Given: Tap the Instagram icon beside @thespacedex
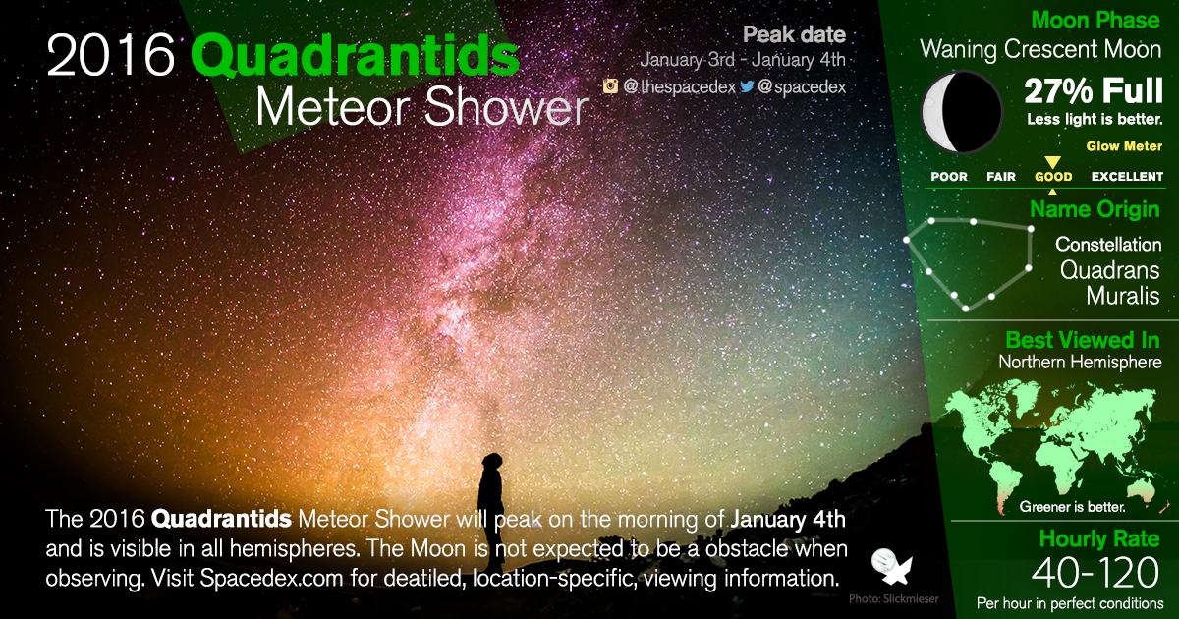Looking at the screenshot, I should tap(610, 86).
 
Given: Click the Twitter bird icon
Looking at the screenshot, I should tap(747, 86).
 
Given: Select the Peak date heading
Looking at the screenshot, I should tap(794, 35).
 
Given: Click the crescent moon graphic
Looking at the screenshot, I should tap(960, 112).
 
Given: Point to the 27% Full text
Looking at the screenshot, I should tap(1094, 91).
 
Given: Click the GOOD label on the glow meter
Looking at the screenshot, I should tap(1053, 177).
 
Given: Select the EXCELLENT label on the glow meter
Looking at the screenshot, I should tap(1127, 177).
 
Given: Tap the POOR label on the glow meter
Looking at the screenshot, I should tap(949, 177).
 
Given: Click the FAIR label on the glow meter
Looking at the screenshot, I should tap(1001, 177).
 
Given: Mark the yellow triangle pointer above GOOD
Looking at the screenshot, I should tap(1052, 162).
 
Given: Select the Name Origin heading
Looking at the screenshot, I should tap(1095, 209).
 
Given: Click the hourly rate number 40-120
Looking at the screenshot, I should tap(1095, 573).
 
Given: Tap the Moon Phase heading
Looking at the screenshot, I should tap(1095, 20).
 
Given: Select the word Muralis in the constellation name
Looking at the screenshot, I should tap(1123, 296).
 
